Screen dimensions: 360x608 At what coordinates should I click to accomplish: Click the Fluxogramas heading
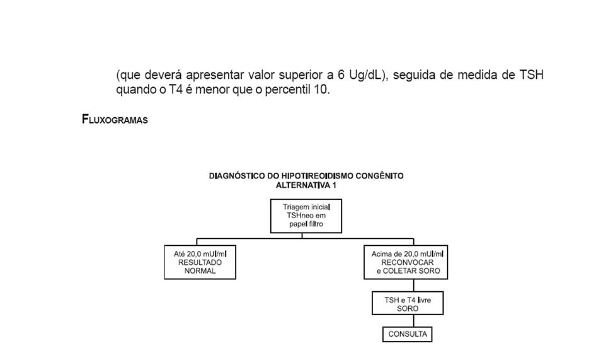[115, 120]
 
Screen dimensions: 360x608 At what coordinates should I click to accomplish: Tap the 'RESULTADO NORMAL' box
[200, 262]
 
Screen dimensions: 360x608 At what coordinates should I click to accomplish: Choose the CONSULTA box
[408, 334]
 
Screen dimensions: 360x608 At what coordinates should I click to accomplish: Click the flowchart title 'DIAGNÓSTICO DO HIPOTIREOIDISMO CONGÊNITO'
[306, 176]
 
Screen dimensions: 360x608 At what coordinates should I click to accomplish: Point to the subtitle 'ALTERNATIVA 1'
[306, 185]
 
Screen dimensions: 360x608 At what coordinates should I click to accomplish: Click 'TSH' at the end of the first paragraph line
[531, 75]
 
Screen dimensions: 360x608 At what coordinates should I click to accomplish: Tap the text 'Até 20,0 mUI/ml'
[200, 253]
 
